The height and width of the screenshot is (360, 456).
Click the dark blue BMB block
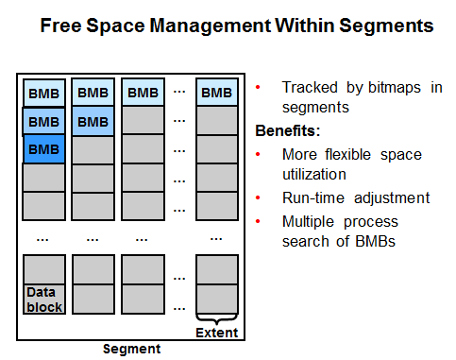click(44, 149)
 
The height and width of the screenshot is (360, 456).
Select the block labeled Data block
click(44, 300)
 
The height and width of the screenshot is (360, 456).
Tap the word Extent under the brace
click(217, 333)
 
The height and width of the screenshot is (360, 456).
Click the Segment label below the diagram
click(131, 349)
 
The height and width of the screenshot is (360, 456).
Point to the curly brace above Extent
click(216, 318)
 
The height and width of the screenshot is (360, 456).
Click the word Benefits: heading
click(288, 130)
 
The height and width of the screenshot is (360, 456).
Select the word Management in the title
click(210, 26)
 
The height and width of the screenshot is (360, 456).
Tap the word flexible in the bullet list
click(348, 154)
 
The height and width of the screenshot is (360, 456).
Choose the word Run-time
click(313, 198)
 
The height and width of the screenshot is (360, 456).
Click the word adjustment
click(392, 198)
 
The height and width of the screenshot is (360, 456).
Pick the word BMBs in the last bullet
click(375, 242)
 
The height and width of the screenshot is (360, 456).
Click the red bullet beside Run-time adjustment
click(258, 197)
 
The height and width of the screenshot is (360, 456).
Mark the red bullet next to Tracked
click(258, 87)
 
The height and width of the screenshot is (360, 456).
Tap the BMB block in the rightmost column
click(217, 93)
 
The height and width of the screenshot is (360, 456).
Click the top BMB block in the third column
click(144, 93)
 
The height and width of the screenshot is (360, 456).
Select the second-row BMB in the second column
click(93, 122)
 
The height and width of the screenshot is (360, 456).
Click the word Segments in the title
click(386, 26)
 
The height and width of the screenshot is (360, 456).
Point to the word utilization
click(314, 175)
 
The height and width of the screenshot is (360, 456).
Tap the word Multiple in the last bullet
click(308, 222)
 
